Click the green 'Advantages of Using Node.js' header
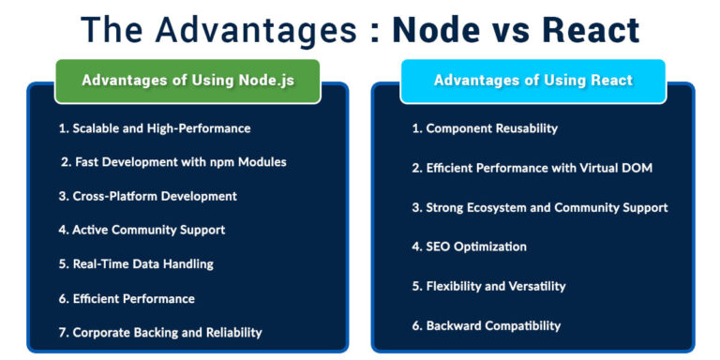point(187,81)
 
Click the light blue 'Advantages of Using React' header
point(532,81)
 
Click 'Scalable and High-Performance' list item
point(155,127)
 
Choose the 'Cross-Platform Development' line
point(147,196)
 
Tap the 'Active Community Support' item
point(142,230)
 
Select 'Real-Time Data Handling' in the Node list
point(136,263)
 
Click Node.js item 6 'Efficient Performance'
point(127,298)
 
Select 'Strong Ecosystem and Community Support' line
point(540,207)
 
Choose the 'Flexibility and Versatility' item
point(488,286)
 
